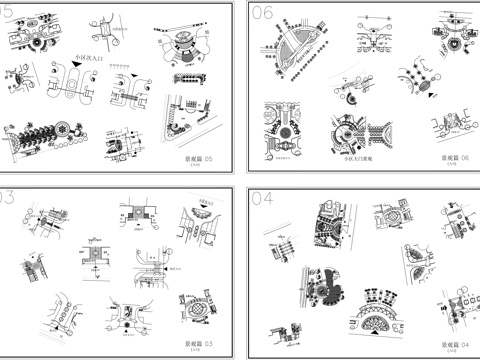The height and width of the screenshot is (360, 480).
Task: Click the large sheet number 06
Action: [262, 13]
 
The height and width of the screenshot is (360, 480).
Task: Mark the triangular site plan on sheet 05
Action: [190, 117]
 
